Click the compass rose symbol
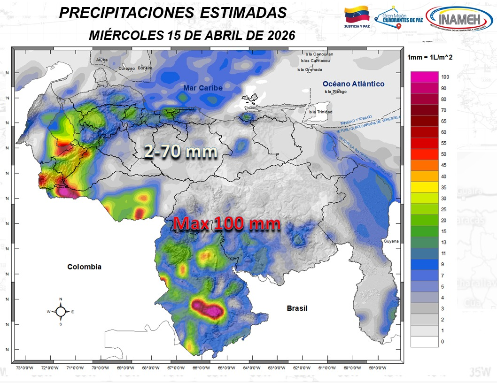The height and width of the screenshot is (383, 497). click(x=61, y=311)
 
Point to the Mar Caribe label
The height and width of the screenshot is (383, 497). click(x=203, y=88)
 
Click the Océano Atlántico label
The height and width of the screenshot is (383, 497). click(x=353, y=84)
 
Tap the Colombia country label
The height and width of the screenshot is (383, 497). click(x=84, y=267)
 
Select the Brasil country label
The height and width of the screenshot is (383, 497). click(x=297, y=308)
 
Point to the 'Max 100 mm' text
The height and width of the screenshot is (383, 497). click(x=227, y=224)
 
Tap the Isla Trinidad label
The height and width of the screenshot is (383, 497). click(x=320, y=112)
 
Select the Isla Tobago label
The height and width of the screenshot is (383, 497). click(x=334, y=92)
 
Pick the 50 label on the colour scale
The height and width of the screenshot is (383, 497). click(x=443, y=154)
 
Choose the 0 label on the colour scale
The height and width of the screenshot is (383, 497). click(x=442, y=342)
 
